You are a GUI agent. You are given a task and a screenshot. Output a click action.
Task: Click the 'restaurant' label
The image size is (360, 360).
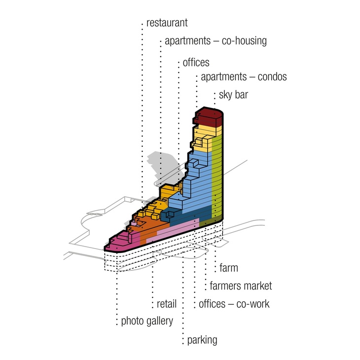(x=167, y=23)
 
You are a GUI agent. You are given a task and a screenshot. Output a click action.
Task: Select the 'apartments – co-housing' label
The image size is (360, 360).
(x=216, y=41)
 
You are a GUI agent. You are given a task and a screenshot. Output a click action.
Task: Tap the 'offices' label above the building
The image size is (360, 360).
(x=196, y=62)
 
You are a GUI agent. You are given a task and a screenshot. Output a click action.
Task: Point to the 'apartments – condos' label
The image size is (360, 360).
(x=244, y=76)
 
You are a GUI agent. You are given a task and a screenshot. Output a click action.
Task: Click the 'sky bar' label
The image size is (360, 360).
(x=233, y=95)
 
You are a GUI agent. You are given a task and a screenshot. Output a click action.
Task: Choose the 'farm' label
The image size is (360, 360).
(x=229, y=268)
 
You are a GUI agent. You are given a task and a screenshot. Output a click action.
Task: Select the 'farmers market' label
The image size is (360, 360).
(x=241, y=286)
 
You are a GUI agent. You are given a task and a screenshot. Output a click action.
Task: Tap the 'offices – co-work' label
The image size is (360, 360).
(x=234, y=304)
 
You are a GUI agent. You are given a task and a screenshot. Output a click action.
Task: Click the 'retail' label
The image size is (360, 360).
(x=167, y=304)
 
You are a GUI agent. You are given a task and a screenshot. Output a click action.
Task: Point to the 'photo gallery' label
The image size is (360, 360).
(x=147, y=321)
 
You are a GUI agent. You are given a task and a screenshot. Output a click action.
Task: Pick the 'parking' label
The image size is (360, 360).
(x=202, y=340)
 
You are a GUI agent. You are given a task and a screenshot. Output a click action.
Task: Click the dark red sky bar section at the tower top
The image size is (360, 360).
(x=208, y=117)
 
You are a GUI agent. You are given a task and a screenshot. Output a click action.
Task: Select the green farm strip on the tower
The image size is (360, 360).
(x=216, y=177)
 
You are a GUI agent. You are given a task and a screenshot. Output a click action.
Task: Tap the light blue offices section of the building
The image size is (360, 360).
(x=197, y=183)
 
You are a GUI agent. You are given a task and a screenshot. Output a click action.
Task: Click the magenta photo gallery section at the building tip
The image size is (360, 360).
(x=122, y=241)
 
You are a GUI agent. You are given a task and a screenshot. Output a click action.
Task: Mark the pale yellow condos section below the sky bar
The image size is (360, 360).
(x=204, y=138)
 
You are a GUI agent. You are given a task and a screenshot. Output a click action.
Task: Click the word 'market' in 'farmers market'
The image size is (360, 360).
(x=257, y=286)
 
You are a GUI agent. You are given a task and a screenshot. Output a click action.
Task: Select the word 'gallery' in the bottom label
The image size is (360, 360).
(x=160, y=321)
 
